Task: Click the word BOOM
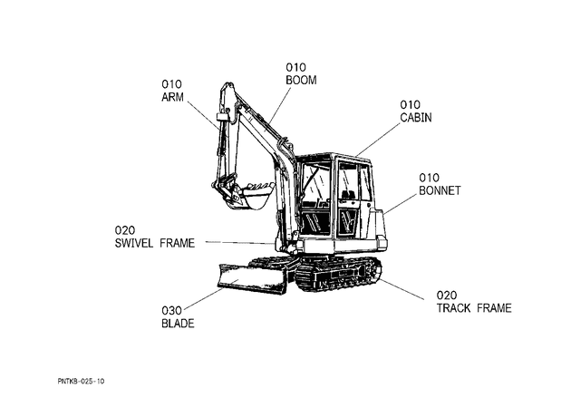[x=301, y=80]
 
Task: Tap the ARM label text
[x=172, y=97]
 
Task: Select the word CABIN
[x=416, y=118]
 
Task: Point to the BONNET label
[x=440, y=190]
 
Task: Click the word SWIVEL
[x=134, y=243]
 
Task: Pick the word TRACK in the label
[x=454, y=308]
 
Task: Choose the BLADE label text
[x=178, y=324]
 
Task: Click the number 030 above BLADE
[x=171, y=311]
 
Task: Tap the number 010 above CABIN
[x=410, y=105]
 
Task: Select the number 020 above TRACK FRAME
[x=447, y=296]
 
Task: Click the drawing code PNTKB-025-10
[x=81, y=382]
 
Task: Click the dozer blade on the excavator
[x=253, y=279]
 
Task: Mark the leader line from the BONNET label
[x=401, y=204]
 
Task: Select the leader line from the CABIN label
[x=378, y=140]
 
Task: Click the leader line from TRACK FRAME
[x=402, y=289]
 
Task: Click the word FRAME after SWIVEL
[x=178, y=243]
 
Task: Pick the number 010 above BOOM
[x=295, y=67]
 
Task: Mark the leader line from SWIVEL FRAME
[x=240, y=242]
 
